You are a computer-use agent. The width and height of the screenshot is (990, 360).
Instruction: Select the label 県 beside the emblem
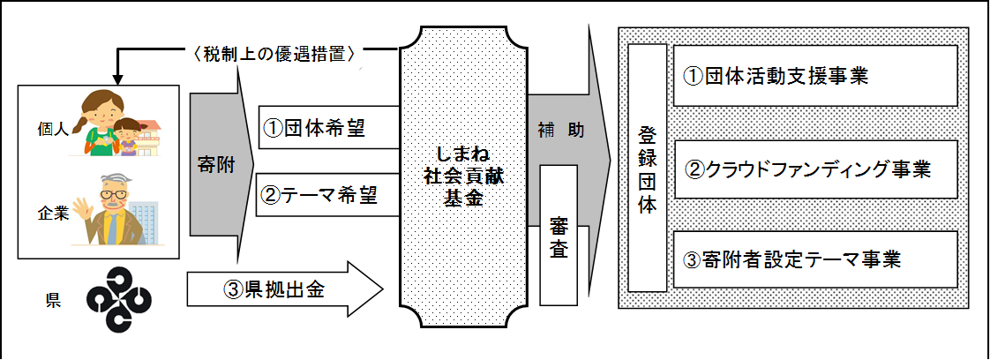pyautogui.click(x=52, y=301)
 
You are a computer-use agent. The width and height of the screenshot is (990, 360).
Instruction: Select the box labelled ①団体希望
pyautogui.click(x=329, y=128)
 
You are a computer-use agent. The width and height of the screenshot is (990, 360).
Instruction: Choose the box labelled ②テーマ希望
pyautogui.click(x=327, y=196)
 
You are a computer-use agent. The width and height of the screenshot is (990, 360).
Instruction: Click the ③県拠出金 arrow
pyautogui.click(x=285, y=290)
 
